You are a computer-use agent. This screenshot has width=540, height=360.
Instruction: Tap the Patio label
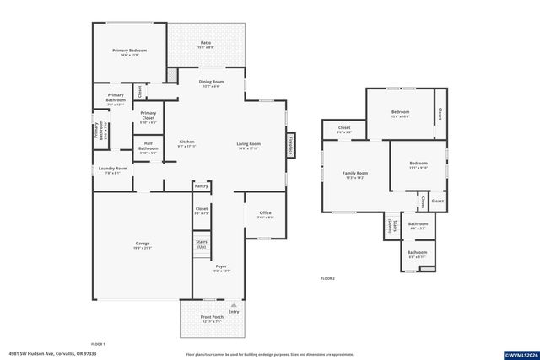(205, 44)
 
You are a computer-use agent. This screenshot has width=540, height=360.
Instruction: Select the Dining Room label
(210, 83)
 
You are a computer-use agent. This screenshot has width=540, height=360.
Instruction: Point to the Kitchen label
(186, 142)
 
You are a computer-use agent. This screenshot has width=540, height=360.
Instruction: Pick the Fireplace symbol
(292, 145)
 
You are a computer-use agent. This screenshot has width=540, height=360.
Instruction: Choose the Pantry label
(201, 185)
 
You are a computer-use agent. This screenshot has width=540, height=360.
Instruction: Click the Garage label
(142, 245)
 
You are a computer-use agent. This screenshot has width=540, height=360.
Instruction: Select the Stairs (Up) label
(202, 244)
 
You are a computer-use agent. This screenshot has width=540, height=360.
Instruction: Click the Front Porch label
(211, 318)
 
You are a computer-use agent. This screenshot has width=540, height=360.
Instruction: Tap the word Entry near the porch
(235, 311)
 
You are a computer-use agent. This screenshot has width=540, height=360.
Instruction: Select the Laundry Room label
(112, 169)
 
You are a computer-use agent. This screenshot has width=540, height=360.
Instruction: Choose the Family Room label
(354, 175)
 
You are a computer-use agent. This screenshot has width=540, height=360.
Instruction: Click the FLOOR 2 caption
(327, 278)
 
